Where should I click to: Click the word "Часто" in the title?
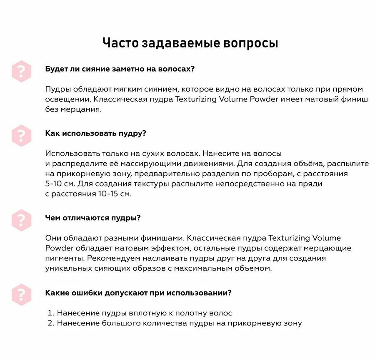(120, 43)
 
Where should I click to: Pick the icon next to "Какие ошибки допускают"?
(21, 295)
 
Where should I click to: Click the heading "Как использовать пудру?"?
(95, 133)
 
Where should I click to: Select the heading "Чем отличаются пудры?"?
(92, 218)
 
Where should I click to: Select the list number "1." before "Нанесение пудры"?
(51, 313)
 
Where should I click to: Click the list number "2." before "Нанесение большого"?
(51, 323)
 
